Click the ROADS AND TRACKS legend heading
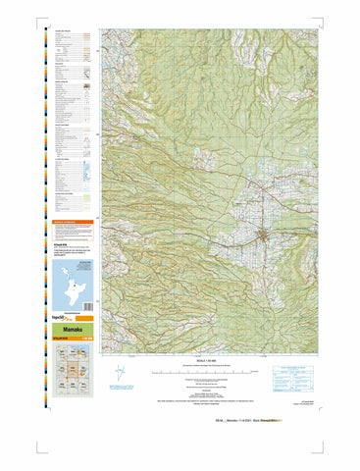63,32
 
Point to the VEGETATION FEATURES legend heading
65,193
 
